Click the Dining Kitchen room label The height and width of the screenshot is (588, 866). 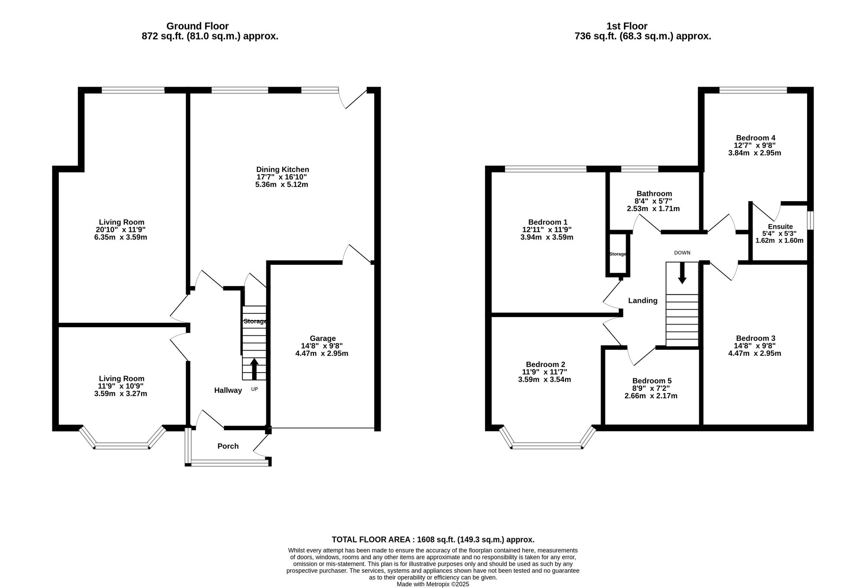point(282,169)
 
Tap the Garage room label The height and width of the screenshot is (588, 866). point(322,338)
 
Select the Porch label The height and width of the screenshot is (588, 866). point(228,446)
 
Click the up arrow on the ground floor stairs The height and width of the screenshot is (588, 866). point(254,369)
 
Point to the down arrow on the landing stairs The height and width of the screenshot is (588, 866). point(682,273)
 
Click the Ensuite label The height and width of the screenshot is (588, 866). point(780,227)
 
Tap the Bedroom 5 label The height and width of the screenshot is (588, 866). point(651,381)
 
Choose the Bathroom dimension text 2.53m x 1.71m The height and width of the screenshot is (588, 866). point(653,209)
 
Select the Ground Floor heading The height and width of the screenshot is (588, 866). point(197,26)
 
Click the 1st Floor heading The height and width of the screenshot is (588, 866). point(633,26)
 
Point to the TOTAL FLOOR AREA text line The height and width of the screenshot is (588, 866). point(433,539)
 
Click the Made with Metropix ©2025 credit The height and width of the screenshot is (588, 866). point(433,584)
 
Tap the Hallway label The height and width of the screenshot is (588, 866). point(228,390)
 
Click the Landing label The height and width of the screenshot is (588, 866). point(643,301)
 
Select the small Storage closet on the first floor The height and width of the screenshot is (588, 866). point(617,254)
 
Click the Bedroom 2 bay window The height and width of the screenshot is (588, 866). point(547,445)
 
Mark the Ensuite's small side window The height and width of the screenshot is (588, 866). point(811,220)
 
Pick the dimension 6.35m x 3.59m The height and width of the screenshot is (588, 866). point(120,237)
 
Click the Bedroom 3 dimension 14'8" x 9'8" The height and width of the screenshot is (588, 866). point(755,346)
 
